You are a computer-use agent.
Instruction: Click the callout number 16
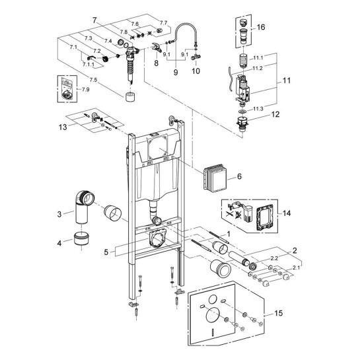click(260, 27)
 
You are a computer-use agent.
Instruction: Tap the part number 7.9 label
click(85, 90)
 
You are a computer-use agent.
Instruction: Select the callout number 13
click(63, 127)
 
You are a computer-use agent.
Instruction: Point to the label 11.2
click(258, 68)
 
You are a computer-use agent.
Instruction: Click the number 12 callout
click(275, 114)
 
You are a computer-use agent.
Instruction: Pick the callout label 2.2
click(274, 258)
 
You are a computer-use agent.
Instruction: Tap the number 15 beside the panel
click(279, 313)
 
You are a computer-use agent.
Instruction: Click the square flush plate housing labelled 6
click(213, 178)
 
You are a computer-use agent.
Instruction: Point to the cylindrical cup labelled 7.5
click(130, 96)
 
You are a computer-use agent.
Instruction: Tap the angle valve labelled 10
click(196, 57)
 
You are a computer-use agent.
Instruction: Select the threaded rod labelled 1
click(219, 237)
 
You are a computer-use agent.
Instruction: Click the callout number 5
click(106, 252)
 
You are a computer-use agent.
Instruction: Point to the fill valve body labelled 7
click(131, 62)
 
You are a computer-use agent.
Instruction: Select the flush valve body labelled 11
click(242, 89)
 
